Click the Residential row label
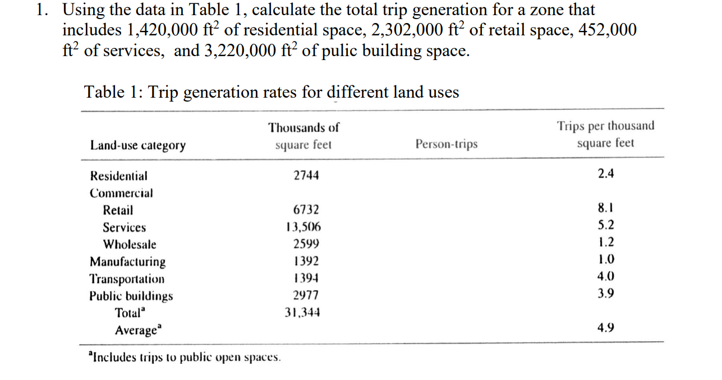coord(119,176)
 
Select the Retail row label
coord(118,210)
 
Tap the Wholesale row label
coord(129,245)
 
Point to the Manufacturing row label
coord(128,262)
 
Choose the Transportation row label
coord(127,279)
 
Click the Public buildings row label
coord(131,296)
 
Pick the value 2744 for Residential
coord(306,176)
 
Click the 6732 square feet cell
coord(306,210)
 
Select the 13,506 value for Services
coord(303,227)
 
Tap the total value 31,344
coord(303,313)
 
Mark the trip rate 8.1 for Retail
coord(606,208)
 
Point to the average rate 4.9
coord(606,327)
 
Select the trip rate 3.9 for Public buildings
coord(606,293)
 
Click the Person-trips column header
coord(447,144)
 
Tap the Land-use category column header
coord(138,145)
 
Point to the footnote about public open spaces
coord(185,357)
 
